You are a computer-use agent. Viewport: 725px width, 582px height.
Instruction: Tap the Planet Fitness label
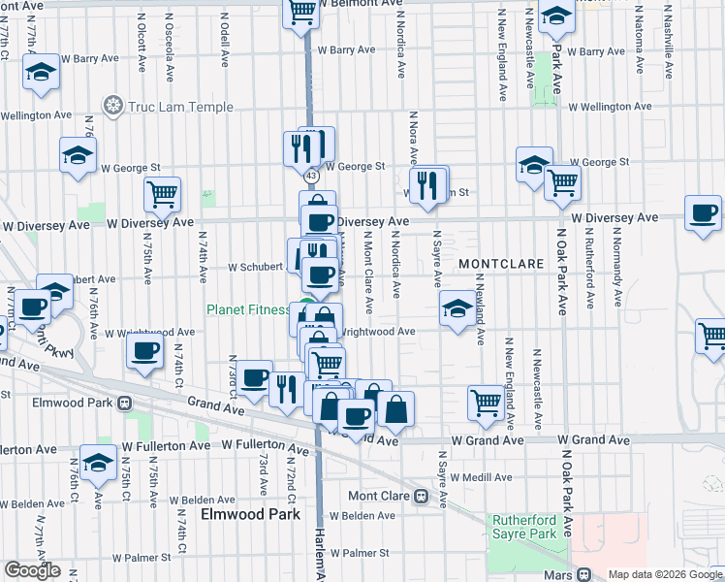[x=246, y=310]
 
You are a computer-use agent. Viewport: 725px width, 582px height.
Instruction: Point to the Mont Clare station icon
[x=422, y=496]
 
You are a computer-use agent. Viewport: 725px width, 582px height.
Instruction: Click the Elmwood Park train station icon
[x=124, y=403]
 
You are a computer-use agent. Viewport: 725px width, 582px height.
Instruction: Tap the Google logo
[x=32, y=570]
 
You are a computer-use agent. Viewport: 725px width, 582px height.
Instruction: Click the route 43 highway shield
[x=310, y=177]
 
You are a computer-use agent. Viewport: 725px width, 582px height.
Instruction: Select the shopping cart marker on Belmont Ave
[x=301, y=13]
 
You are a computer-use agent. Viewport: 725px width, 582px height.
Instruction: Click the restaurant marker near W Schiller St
[x=427, y=184]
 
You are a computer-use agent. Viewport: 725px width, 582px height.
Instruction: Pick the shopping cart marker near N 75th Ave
[x=163, y=194]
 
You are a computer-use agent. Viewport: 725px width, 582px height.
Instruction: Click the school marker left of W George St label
[x=78, y=156]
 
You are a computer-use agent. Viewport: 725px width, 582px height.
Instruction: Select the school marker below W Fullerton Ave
[x=97, y=464]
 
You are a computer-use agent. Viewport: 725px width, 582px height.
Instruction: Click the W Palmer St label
[x=359, y=554]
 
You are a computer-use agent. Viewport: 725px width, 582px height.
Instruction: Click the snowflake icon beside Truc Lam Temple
[x=112, y=105]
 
